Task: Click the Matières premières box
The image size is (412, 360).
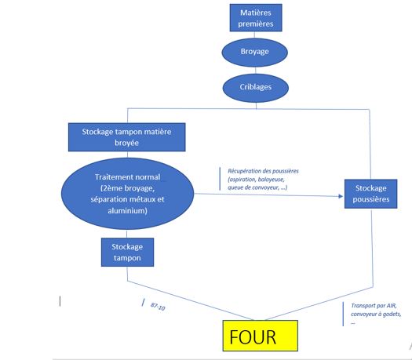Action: tap(256, 17)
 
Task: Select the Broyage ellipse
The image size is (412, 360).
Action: tap(254, 52)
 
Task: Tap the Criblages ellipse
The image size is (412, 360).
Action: tap(256, 88)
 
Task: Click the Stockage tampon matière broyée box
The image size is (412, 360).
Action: tap(126, 137)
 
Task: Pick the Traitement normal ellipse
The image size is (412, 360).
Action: tap(127, 194)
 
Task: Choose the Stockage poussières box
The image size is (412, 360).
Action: tap(370, 194)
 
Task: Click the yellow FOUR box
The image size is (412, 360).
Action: tap(260, 336)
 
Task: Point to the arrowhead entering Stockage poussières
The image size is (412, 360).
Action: tap(341, 196)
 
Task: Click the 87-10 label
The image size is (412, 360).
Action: tap(158, 306)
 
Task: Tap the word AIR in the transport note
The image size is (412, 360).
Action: tap(392, 306)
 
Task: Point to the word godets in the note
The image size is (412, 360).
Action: tap(392, 314)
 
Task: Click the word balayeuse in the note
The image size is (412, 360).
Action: tap(272, 180)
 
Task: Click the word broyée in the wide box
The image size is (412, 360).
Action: tap(126, 143)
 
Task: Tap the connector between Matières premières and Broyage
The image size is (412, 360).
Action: tap(254, 35)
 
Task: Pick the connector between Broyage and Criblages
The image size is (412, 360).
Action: tap(255, 70)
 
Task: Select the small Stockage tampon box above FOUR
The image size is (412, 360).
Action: tap(127, 252)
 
